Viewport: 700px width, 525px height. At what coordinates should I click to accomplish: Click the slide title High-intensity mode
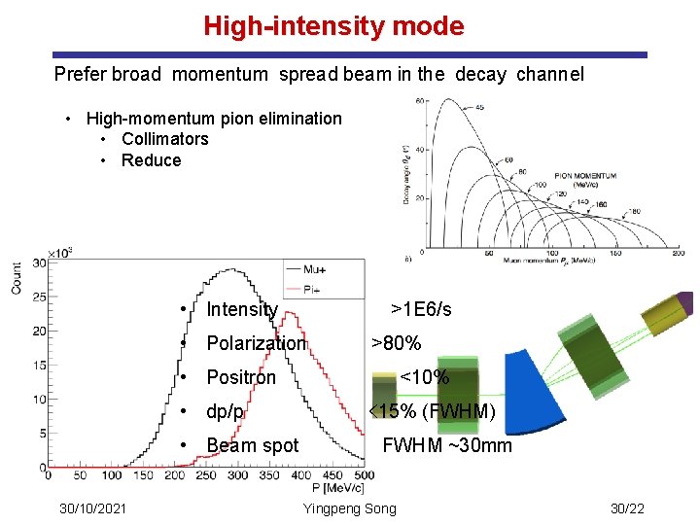click(x=333, y=26)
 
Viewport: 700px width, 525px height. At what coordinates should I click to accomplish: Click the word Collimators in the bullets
click(x=164, y=139)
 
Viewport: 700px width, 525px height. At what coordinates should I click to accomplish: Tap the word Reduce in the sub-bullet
click(x=151, y=160)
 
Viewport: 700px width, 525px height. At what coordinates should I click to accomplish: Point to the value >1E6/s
click(x=421, y=309)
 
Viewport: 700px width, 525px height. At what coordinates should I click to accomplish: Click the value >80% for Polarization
click(x=397, y=343)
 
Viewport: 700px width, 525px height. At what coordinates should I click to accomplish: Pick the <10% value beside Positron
click(x=425, y=377)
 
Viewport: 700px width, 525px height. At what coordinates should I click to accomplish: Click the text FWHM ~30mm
click(x=446, y=446)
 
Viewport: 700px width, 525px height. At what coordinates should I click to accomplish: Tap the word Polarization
click(x=256, y=343)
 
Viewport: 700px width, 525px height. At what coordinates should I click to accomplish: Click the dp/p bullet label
click(x=225, y=411)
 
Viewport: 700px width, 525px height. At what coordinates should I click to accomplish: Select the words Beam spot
click(x=253, y=446)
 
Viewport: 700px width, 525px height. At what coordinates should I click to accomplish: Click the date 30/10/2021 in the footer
click(x=92, y=509)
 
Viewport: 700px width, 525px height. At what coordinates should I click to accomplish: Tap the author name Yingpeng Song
click(x=350, y=509)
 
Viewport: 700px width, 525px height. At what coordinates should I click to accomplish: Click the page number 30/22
click(x=627, y=509)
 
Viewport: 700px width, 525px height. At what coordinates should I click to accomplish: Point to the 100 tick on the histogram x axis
click(x=112, y=475)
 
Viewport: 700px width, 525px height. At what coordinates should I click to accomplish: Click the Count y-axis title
click(x=17, y=278)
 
